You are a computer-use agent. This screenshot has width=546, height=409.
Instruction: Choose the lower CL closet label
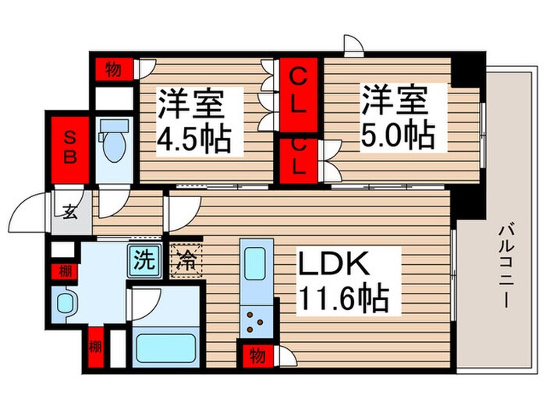(298, 157)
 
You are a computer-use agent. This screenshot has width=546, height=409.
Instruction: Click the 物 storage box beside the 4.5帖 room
(113, 69)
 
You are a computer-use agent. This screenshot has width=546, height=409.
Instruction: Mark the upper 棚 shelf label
(62, 272)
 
